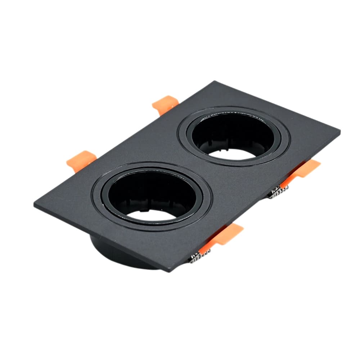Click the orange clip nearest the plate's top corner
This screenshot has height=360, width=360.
pos(165,103)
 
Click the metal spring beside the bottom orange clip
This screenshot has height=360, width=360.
pos(196,256)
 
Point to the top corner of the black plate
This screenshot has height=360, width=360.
pos(215,82)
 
